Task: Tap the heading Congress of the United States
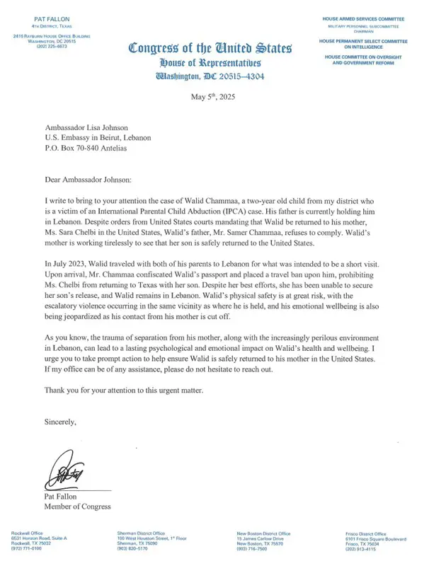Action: pos(210,49)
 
